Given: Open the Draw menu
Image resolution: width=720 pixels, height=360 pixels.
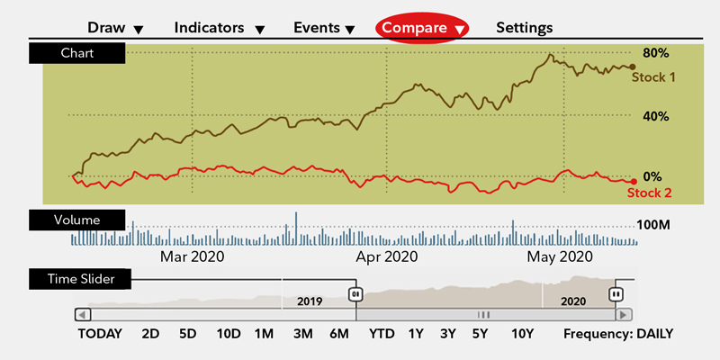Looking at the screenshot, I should coord(115,28).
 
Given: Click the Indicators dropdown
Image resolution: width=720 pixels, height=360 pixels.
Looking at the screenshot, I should coord(219,28).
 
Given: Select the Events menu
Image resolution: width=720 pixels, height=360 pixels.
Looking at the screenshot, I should coord(324,28).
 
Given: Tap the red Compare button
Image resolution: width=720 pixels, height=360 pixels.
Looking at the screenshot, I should coord(422,28).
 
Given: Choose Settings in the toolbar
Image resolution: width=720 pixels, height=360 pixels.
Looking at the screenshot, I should coord(525,28).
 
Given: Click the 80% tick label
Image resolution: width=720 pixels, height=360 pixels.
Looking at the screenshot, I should coord(654,52).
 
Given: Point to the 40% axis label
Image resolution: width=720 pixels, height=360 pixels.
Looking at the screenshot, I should coord(654,116).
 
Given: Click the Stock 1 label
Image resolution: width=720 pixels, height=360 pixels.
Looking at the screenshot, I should coord(652,77).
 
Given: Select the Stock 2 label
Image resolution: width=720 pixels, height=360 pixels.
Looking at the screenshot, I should coord(648,192).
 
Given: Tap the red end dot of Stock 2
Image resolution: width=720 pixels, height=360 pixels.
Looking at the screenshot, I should coord(634,181).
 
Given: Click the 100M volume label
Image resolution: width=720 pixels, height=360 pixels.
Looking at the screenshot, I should coord(654,224).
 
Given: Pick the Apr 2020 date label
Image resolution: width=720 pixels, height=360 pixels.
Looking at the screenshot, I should coord(387,257).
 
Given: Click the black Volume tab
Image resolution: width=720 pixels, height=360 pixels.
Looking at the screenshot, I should coord(76,219).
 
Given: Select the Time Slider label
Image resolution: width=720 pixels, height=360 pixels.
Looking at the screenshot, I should coord(81,279).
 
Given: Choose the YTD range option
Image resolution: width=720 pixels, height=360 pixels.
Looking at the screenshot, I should coord(382,334).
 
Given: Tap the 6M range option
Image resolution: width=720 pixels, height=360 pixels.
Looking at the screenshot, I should coord(339,334).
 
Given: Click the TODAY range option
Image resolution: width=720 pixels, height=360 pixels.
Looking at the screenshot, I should coord(100,334).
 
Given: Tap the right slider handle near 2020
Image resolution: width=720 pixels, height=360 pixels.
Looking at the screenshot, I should coord(616,293).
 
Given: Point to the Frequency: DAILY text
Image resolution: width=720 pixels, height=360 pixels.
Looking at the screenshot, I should coord(618,334).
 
